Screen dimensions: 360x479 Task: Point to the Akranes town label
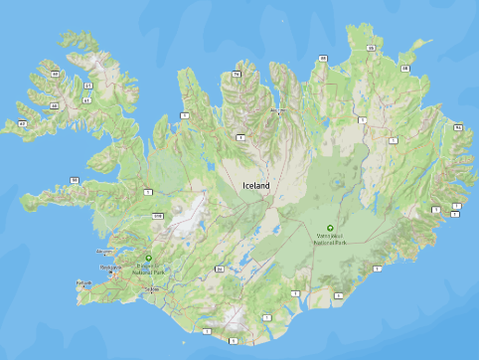[x=105, y=251]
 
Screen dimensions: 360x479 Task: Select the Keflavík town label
[x=83, y=282]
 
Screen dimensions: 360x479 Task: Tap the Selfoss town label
[x=152, y=289]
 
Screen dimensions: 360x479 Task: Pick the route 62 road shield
[x=21, y=123]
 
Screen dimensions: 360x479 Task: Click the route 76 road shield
[x=236, y=74]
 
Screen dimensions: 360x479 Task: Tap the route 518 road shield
[x=157, y=215]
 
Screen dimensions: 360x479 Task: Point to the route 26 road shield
[x=219, y=269]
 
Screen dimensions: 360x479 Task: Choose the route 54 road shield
[x=75, y=179]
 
